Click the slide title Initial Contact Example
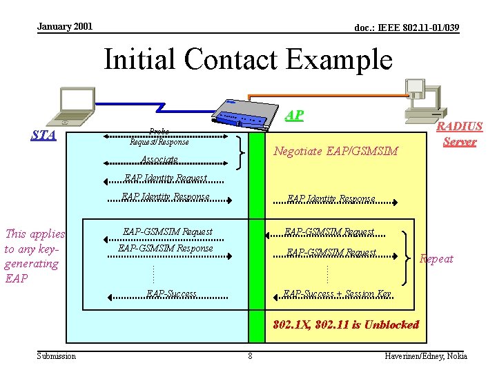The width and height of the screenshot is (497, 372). click(248, 59)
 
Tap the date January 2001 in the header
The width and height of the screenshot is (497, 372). click(64, 26)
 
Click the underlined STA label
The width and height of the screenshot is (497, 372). click(43, 134)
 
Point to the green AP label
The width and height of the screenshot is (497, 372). click(294, 115)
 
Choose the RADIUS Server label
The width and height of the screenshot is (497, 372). click(459, 134)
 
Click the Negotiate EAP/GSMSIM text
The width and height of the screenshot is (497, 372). click(335, 151)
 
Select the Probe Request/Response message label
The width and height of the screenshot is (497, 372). click(159, 137)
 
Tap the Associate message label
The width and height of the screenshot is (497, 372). click(159, 160)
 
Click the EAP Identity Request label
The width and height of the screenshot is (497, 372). click(166, 178)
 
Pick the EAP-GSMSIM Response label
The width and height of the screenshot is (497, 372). click(166, 248)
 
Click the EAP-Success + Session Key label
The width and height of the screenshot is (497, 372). click(338, 294)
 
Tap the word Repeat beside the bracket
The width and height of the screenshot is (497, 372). click(436, 259)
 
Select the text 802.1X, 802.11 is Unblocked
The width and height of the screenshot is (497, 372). click(346, 324)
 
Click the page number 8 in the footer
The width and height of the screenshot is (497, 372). click(250, 356)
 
